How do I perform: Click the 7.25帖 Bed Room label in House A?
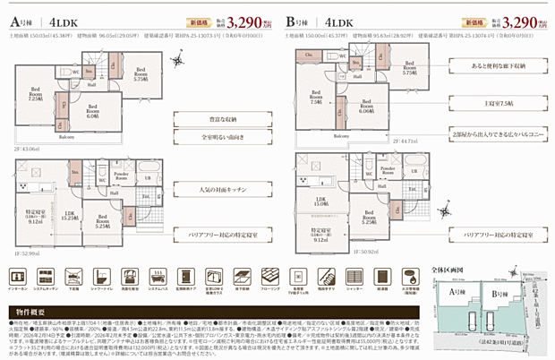coord(36,95)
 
